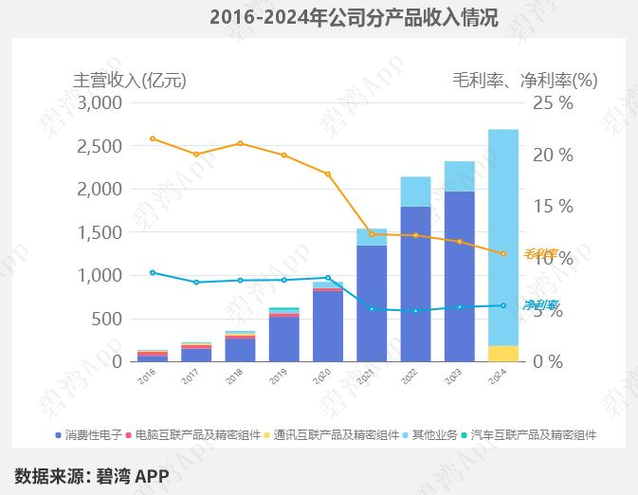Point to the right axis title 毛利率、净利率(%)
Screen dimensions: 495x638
tap(524, 80)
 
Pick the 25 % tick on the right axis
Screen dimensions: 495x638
tap(554, 103)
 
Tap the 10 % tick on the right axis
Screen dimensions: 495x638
tap(554, 258)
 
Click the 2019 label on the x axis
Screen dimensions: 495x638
tap(279, 377)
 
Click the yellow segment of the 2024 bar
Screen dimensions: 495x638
tap(503, 354)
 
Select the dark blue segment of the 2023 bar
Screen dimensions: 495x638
tap(459, 276)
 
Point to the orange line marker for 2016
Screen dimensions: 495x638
tap(153, 138)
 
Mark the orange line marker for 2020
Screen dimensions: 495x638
tap(328, 174)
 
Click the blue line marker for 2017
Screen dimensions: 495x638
tap(196, 283)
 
